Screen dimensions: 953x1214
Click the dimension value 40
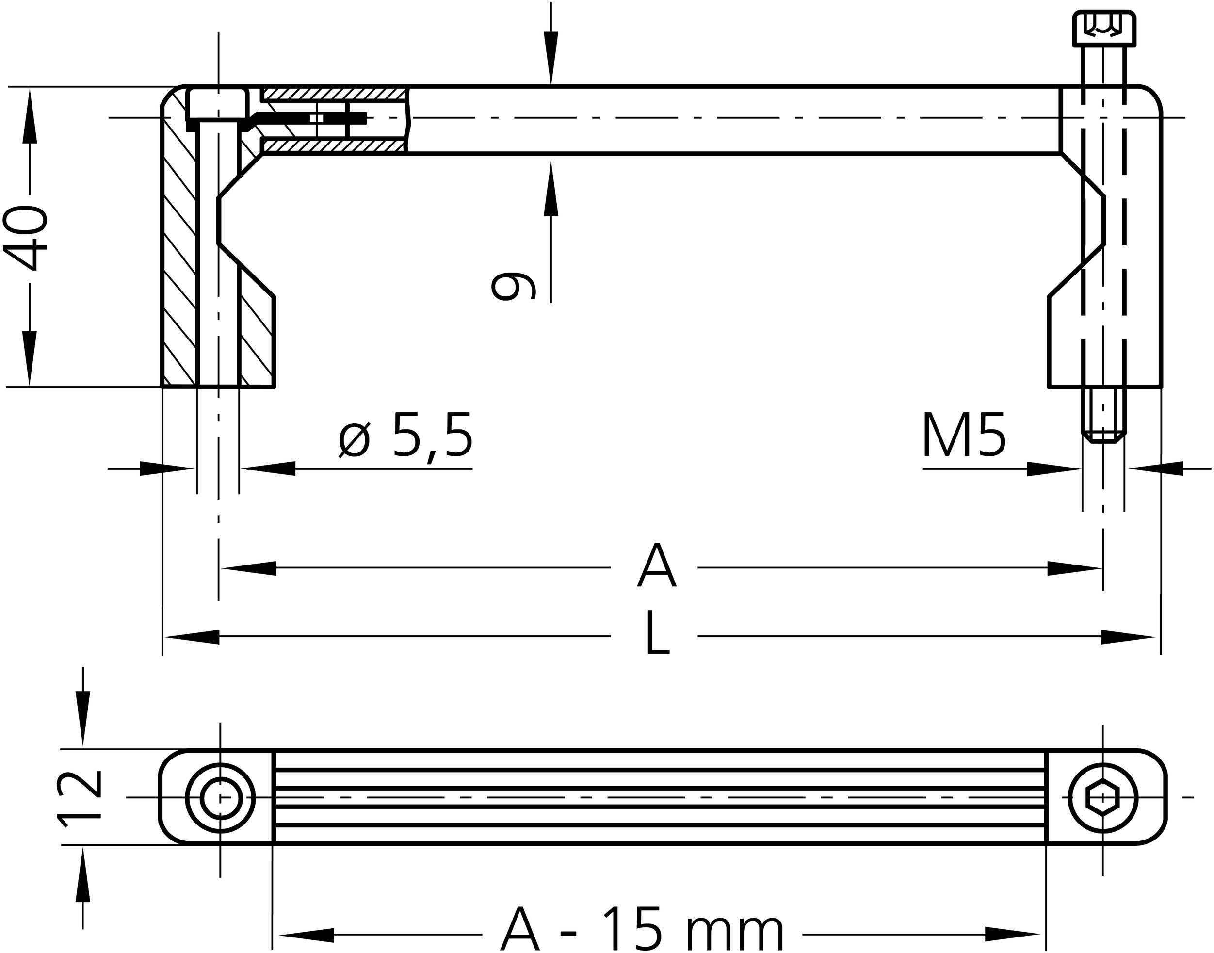pos(25,238)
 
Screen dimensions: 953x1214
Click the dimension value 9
pos(513,286)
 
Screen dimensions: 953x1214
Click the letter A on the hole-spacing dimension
pos(657,566)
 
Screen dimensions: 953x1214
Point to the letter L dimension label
pos(657,633)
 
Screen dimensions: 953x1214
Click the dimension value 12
pos(79,798)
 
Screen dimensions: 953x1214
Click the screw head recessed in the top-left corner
pos(217,104)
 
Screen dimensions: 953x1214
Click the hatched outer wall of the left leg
pos(179,251)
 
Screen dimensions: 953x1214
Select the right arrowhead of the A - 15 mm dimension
pos(1013,935)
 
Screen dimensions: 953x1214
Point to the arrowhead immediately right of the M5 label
pos(1052,468)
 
